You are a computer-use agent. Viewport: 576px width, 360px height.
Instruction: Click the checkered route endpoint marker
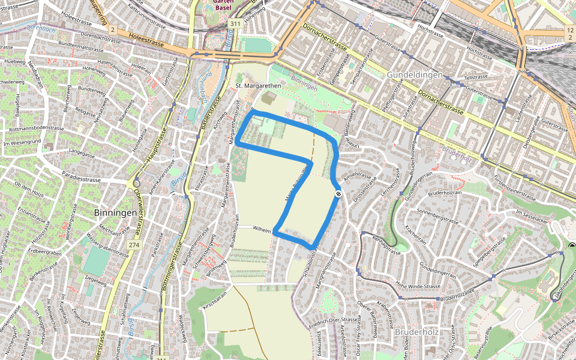point(338,194)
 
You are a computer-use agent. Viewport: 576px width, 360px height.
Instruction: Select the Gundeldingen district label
point(415,75)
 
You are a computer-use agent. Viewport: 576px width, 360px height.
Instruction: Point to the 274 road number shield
point(133,244)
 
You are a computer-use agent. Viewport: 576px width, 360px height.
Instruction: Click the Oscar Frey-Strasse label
point(365,335)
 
